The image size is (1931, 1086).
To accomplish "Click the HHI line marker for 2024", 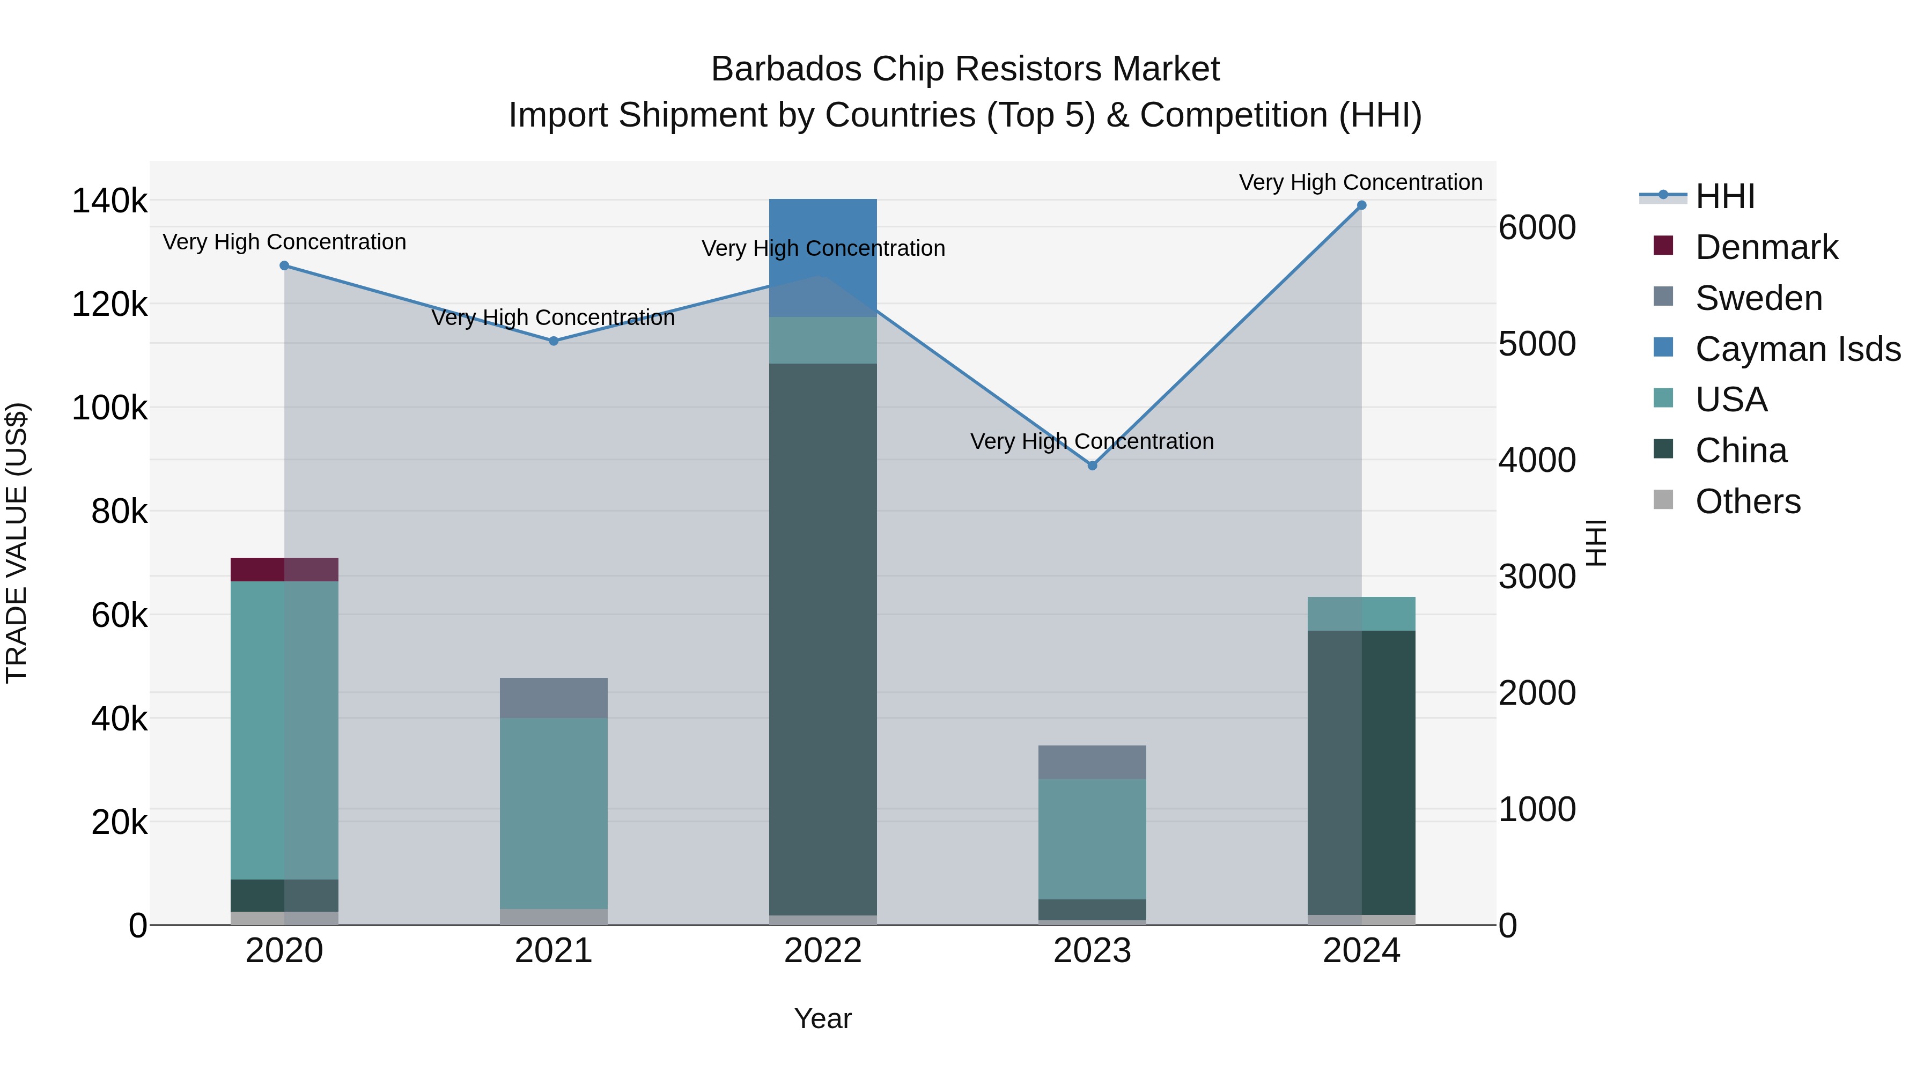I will [1361, 205].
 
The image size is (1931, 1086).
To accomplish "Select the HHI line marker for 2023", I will [1092, 466].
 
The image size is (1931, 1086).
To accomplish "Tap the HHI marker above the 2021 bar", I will [553, 341].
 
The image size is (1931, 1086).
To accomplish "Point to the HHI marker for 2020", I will [284, 265].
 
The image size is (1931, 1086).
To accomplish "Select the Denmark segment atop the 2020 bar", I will [284, 570].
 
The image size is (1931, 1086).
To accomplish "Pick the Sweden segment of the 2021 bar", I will [553, 698].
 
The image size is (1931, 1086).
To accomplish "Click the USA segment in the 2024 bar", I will [1361, 614].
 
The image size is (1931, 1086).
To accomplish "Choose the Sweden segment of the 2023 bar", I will [1092, 762].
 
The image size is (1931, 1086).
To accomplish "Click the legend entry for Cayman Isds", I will [1797, 349].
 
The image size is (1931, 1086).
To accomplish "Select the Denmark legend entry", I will [1766, 247].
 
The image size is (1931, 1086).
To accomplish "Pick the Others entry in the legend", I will [1748, 501].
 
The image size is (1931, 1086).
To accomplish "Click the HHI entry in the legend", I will [1724, 196].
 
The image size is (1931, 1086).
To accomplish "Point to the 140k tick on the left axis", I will [109, 201].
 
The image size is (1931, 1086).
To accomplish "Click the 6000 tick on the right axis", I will [1537, 228].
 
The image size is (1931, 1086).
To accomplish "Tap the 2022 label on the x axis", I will [822, 951].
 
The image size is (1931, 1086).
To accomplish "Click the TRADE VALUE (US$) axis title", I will [17, 543].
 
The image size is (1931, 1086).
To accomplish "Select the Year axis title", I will [822, 1018].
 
